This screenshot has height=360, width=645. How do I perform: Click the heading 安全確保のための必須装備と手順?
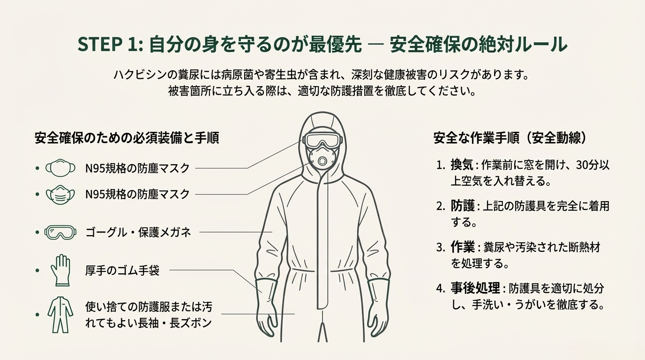coord(127,138)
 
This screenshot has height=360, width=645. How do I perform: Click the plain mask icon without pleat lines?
coord(60,168)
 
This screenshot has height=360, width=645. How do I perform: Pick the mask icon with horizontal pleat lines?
coord(60,194)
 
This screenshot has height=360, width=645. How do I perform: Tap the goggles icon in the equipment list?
coord(60,232)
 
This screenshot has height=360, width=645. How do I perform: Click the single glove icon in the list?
coord(60,270)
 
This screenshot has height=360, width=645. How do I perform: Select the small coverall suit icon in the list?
coord(60,314)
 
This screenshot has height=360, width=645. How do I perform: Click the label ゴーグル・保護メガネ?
coord(138,232)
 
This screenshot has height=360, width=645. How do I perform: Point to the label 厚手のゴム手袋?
coord(122,270)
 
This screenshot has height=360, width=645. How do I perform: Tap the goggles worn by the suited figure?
coord(323,140)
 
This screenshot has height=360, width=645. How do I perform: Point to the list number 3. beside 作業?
coord(441,247)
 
